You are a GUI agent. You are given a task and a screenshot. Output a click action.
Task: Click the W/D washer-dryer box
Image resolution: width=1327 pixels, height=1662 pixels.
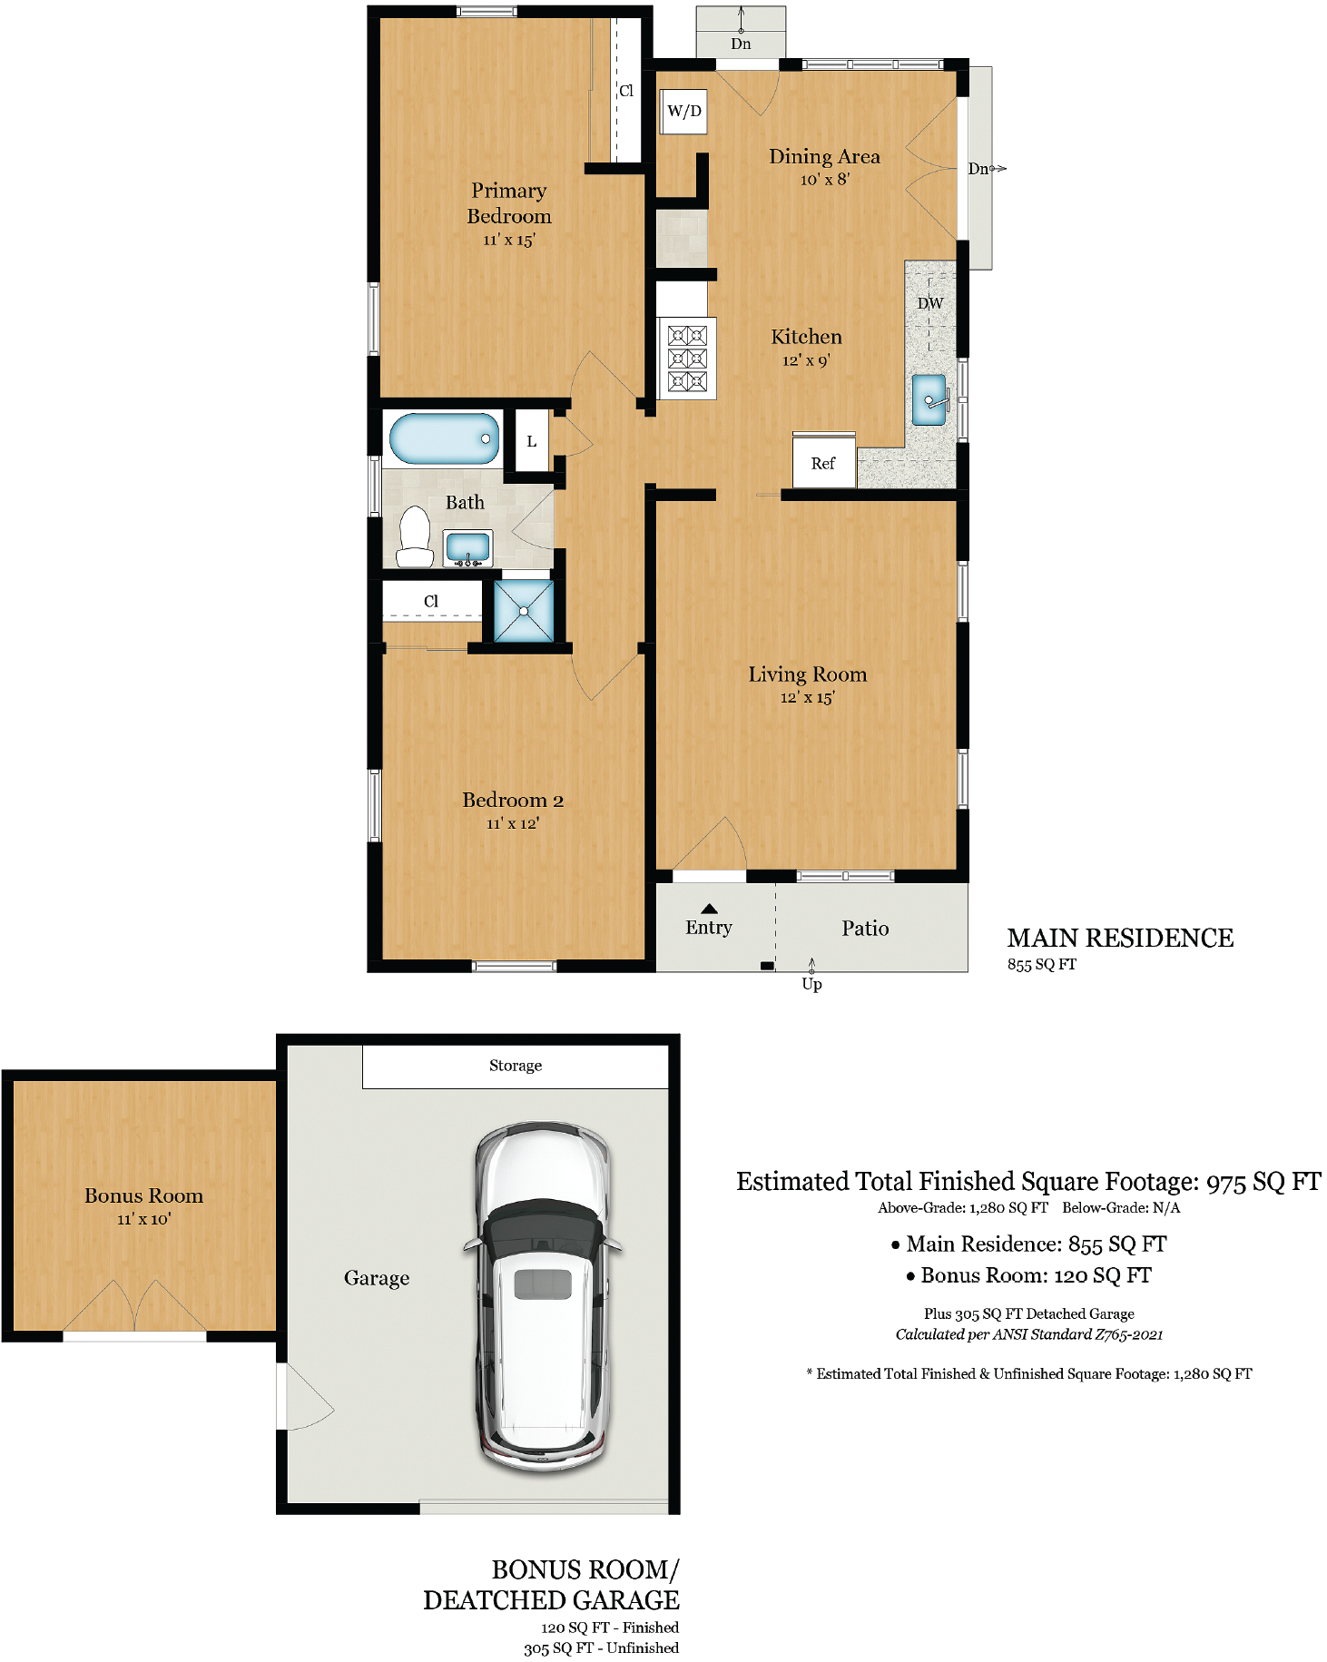coord(683,112)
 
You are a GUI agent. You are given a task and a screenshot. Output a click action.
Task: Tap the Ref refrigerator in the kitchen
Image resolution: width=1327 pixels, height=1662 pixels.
coord(824,461)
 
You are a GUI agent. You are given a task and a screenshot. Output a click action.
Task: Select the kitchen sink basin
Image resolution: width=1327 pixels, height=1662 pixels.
coord(929,399)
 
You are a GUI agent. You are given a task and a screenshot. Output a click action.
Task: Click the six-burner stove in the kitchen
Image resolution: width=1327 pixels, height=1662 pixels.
coord(687,358)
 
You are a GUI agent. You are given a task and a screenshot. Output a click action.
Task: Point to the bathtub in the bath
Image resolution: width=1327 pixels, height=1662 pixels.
coord(444,438)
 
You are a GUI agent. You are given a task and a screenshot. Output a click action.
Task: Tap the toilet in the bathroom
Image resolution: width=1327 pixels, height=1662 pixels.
coord(416,536)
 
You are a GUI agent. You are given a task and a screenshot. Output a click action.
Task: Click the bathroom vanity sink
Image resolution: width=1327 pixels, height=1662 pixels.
coord(468,548)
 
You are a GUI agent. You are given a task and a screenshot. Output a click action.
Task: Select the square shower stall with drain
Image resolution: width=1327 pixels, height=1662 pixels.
coord(524,611)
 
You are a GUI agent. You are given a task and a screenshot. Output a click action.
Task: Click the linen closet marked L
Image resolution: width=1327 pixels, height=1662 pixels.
coord(532,441)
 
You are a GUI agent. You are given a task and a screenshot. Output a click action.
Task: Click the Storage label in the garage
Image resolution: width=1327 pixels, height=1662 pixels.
coord(516,1066)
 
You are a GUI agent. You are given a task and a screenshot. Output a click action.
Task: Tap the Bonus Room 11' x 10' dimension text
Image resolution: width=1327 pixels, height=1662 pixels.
coord(143,1219)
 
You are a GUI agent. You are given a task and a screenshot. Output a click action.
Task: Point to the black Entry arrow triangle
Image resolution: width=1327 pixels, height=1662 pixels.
coord(710,908)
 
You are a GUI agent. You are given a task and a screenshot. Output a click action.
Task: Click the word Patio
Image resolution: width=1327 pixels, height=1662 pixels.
coord(865,928)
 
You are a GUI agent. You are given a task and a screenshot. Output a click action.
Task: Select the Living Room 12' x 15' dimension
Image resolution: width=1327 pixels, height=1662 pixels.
coord(807,697)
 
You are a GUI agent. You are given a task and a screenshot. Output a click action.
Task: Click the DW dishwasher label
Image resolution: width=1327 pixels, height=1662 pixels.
coord(930,303)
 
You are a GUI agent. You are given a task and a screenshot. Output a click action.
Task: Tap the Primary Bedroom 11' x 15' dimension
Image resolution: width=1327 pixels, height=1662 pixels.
coord(509,240)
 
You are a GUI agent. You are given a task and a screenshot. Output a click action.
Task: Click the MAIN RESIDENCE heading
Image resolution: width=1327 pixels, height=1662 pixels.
coord(1120,938)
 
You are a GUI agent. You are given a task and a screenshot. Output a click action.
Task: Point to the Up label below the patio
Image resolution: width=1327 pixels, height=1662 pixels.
coord(811,984)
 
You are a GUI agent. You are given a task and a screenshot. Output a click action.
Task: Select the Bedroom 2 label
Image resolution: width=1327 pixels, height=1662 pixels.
coord(513,800)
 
